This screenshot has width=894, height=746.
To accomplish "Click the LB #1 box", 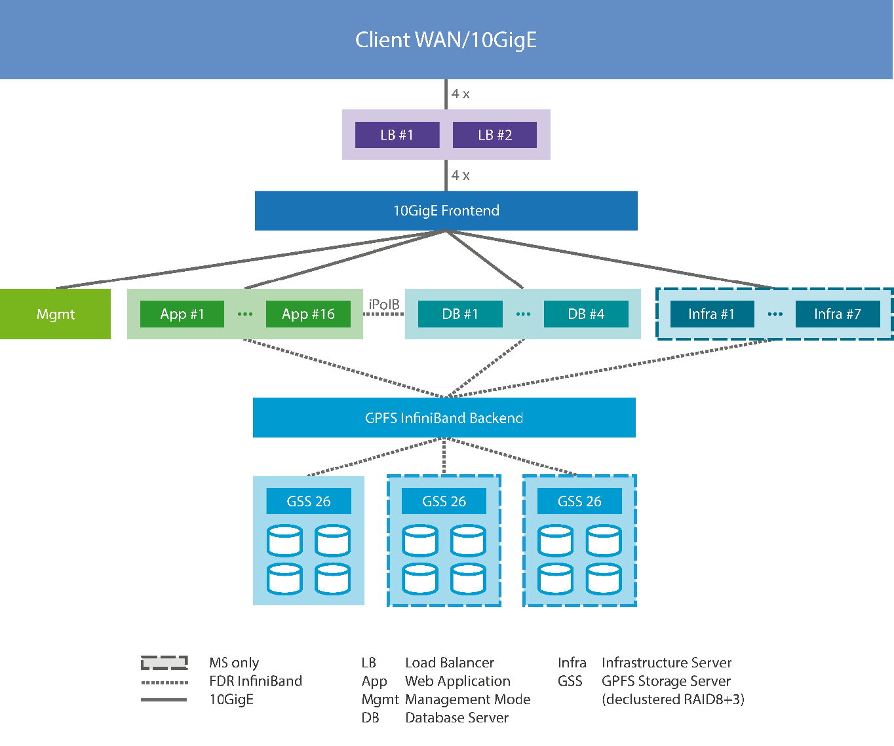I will pyautogui.click(x=397, y=135).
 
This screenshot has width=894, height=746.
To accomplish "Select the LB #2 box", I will pyautogui.click(x=495, y=135).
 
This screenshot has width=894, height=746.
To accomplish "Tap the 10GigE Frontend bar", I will pyautogui.click(x=446, y=211).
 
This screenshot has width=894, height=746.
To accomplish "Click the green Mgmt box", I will pyautogui.click(x=55, y=314).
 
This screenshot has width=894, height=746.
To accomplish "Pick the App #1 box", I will pyautogui.click(x=182, y=314).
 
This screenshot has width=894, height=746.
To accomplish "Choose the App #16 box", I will pyautogui.click(x=308, y=314).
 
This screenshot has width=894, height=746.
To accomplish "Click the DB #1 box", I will pyautogui.click(x=460, y=314).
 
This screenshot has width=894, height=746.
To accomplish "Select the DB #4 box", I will pyautogui.click(x=586, y=314).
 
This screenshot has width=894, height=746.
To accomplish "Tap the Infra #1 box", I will pyautogui.click(x=712, y=314).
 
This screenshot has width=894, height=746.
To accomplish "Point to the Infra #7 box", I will pyautogui.click(x=838, y=314).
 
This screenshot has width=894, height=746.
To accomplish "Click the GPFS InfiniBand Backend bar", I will pyautogui.click(x=444, y=418).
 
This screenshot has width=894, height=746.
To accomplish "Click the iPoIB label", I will pyautogui.click(x=384, y=305).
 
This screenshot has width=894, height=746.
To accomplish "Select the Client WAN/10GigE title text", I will pyautogui.click(x=446, y=40).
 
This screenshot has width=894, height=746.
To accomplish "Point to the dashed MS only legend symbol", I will pyautogui.click(x=165, y=663).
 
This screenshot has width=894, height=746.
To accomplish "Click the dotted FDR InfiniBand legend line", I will pyautogui.click(x=165, y=682).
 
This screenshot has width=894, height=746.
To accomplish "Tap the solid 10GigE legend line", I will pyautogui.click(x=165, y=700).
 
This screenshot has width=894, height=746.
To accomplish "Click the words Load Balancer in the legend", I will pyautogui.click(x=450, y=663).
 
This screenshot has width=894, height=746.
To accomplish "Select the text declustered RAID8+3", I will pyautogui.click(x=673, y=699).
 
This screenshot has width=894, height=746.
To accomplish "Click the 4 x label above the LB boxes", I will pyautogui.click(x=460, y=94).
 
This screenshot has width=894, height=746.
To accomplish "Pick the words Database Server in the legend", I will pyautogui.click(x=457, y=718).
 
